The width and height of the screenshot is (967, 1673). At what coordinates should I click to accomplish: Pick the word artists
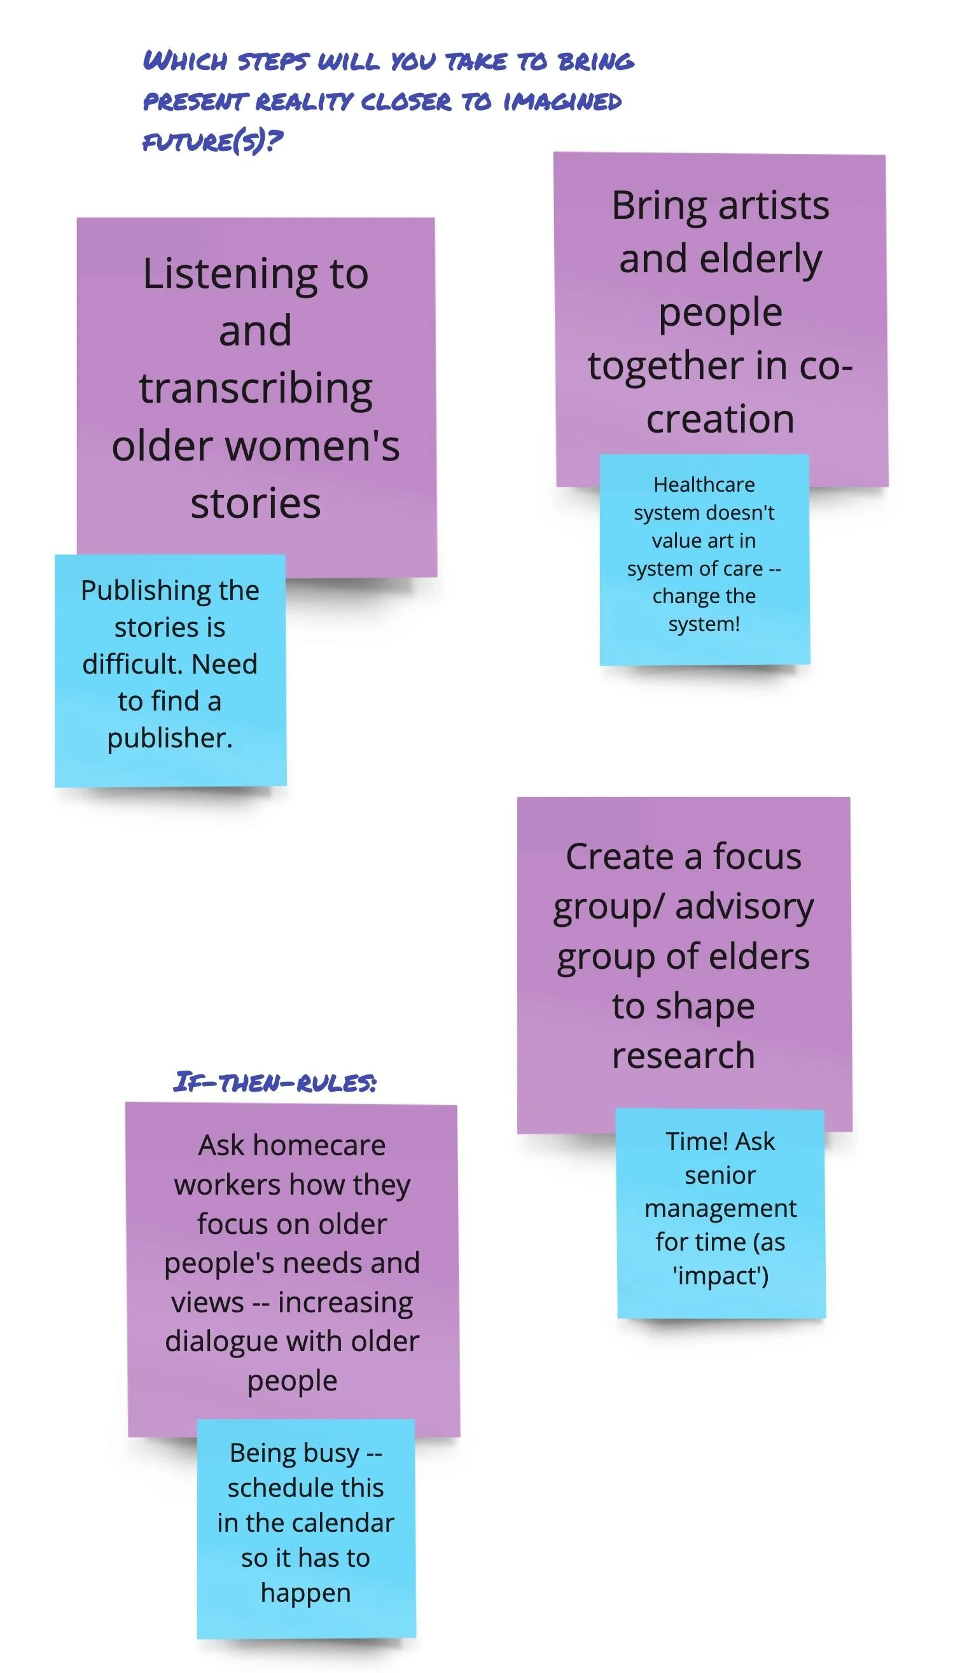tap(773, 206)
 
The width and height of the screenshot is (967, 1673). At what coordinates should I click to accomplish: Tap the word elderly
tap(760, 259)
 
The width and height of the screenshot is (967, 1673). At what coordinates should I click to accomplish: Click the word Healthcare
tap(704, 485)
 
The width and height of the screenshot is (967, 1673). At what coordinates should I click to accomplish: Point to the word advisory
tap(744, 908)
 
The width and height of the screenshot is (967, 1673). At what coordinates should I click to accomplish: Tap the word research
tap(683, 1056)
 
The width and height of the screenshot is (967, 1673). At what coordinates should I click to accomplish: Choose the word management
tap(721, 1209)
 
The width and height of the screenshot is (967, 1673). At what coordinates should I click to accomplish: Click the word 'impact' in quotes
tap(721, 1276)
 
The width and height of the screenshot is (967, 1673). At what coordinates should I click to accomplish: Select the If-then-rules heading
tap(275, 1083)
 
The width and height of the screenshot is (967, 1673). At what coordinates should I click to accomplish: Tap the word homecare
tap(319, 1146)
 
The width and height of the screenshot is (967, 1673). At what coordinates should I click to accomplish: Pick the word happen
tap(305, 1593)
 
